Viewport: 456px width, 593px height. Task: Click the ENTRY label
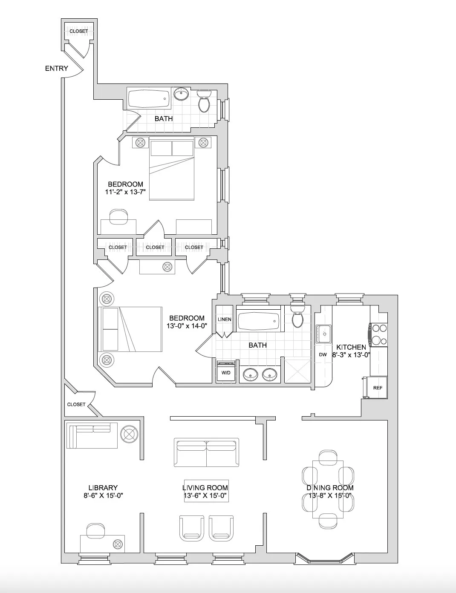point(56,68)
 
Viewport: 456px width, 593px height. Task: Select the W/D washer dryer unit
point(226,372)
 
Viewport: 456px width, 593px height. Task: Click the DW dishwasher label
point(323,354)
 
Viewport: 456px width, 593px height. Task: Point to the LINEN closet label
point(224,320)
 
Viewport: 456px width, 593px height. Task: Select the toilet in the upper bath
point(205,101)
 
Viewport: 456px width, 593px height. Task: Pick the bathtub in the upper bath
point(149,99)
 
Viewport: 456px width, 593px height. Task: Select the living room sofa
point(206,452)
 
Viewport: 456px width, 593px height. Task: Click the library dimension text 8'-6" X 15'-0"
point(103,495)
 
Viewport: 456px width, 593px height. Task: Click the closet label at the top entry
point(78,31)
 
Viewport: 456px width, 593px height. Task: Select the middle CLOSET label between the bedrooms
point(155,247)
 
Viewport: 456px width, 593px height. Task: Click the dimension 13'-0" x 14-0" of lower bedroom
point(187,326)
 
